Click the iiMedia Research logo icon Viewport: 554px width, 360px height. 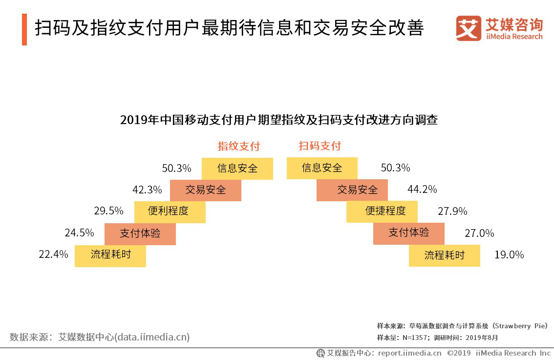click(469, 29)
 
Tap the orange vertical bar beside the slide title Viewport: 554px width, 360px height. click(24, 30)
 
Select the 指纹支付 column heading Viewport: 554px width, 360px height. click(238, 146)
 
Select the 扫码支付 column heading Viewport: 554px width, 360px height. click(320, 146)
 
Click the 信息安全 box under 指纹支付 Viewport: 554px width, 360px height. click(237, 169)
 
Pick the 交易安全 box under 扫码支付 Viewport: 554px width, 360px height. click(352, 190)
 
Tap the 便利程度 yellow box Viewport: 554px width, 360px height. click(170, 212)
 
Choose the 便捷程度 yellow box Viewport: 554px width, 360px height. click(382, 211)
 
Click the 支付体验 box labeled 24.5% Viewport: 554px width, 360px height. click(140, 233)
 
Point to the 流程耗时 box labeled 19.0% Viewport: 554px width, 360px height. click(444, 255)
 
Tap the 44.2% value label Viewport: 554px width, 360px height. click(422, 189)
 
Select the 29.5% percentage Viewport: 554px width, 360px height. click(108, 211)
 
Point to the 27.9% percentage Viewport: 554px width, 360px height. click(452, 211)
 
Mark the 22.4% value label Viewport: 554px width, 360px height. click(53, 254)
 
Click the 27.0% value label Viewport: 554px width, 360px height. click(479, 233)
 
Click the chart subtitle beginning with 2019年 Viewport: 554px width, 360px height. click(278, 120)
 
